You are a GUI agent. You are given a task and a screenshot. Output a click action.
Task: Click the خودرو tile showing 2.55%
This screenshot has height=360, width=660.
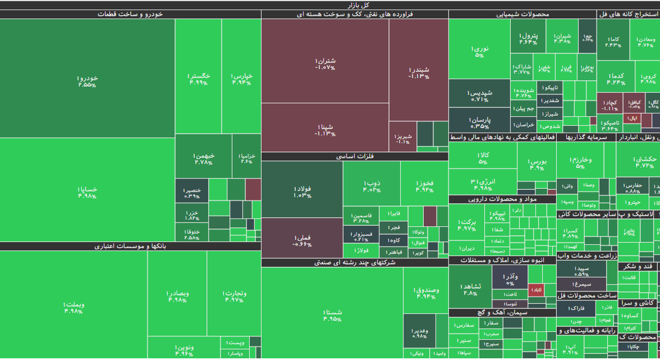click(87, 81)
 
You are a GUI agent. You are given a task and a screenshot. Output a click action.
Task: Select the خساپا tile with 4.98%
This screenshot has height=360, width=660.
click(87, 192)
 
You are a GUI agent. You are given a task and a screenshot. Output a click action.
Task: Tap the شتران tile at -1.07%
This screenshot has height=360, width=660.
click(325, 63)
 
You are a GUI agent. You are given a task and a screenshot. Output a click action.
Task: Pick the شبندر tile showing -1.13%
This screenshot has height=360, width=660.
click(419, 72)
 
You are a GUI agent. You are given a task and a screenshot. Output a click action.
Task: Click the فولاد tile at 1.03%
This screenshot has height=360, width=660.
click(302, 192)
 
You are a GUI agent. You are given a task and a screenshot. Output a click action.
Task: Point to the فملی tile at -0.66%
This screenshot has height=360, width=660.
click(302, 240)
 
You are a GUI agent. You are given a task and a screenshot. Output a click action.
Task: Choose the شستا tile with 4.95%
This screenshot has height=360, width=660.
click(332, 315)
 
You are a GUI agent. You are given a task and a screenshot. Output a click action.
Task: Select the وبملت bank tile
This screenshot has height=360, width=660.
click(74, 307)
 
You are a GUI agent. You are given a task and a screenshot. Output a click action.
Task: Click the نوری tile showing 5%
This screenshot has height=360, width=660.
click(479, 51)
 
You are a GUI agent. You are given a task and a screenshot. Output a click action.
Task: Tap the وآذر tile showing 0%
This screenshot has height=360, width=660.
click(510, 279)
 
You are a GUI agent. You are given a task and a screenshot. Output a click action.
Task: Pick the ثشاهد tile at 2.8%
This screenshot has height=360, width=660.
click(470, 289)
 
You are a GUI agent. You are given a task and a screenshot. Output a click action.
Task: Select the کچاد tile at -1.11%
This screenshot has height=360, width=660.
click(610, 105)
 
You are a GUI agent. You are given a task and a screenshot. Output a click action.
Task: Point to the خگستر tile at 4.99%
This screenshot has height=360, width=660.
click(198, 79)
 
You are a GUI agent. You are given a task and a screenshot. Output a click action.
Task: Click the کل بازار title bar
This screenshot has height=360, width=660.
click(330, 5)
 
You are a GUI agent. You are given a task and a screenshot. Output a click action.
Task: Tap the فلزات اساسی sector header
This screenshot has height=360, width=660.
click(355, 157)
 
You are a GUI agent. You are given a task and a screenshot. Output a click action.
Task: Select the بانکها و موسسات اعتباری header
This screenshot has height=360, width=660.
click(130, 246)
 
